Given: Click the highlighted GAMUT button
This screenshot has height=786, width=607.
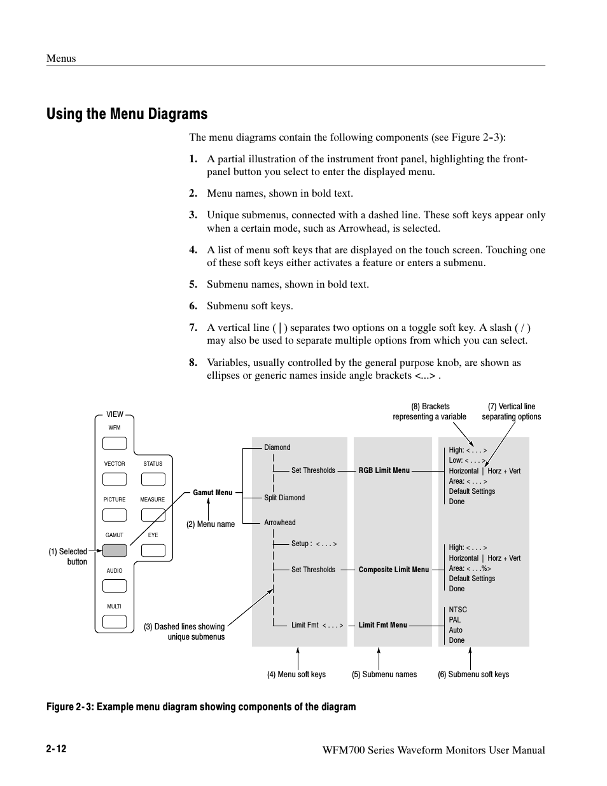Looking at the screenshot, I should tap(115, 551).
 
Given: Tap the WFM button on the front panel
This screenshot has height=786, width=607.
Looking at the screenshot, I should tap(115, 444).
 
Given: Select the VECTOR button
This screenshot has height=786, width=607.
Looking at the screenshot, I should tap(115, 479).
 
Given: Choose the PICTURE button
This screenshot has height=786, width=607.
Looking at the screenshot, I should tap(115, 515).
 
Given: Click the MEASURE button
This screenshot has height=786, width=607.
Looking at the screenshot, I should tap(153, 515).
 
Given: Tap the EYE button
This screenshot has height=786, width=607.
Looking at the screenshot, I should tap(153, 551).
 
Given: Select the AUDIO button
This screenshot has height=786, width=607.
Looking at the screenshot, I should tap(115, 586).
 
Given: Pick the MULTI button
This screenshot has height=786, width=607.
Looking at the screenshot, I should tap(115, 622).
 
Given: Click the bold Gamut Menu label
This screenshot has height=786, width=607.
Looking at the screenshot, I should tap(213, 493).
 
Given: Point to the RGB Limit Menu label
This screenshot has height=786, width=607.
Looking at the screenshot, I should tap(384, 470).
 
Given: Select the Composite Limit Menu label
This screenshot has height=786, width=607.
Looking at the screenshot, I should tap(393, 570).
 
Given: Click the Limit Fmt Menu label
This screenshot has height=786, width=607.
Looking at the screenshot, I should tap(382, 625).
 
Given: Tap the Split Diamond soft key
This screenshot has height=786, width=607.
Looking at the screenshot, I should tap(284, 498).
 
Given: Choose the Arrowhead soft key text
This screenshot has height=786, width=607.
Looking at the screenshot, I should tap(280, 523).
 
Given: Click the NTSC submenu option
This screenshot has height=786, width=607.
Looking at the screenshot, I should tap(457, 610).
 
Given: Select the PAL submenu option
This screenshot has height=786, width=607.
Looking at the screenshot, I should tap(454, 620).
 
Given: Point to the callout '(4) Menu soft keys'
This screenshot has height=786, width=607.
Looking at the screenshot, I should tap(296, 675).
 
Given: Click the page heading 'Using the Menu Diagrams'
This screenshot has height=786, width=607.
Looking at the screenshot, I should tap(127, 114).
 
